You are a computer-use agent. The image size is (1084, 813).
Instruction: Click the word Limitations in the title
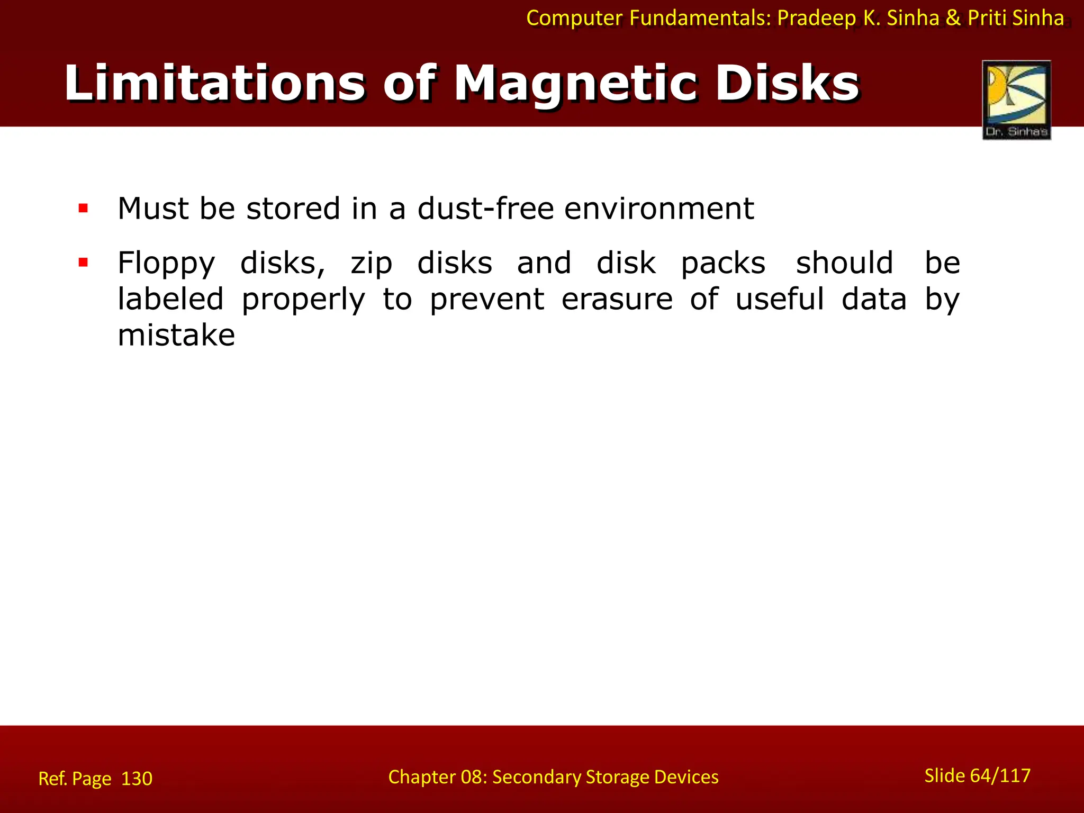coord(214,84)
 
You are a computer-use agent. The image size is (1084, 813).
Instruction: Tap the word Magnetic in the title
coord(575,84)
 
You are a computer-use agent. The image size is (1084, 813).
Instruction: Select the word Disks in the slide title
coord(787,84)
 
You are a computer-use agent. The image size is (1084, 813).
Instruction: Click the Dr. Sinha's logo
coord(1016,100)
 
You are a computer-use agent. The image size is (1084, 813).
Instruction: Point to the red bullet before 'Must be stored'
coord(83,208)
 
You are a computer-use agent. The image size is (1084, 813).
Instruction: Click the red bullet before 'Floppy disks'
coord(83,262)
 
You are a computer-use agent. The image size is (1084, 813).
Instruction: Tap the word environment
coord(659,208)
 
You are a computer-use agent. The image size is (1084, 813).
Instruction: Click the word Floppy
coord(166,263)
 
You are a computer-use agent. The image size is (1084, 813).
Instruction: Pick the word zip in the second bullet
coord(371,263)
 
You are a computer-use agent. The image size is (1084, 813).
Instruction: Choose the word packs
coord(723,263)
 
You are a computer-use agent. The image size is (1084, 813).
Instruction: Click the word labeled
coord(170,299)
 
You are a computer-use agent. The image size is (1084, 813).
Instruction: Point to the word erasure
coord(617,299)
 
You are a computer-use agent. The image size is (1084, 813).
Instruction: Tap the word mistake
coord(176,335)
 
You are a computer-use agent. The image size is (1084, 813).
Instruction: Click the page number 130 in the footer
coord(137,779)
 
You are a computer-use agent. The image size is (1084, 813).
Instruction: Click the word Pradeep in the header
coord(816,18)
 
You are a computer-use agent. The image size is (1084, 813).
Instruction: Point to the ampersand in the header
coord(953,18)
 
